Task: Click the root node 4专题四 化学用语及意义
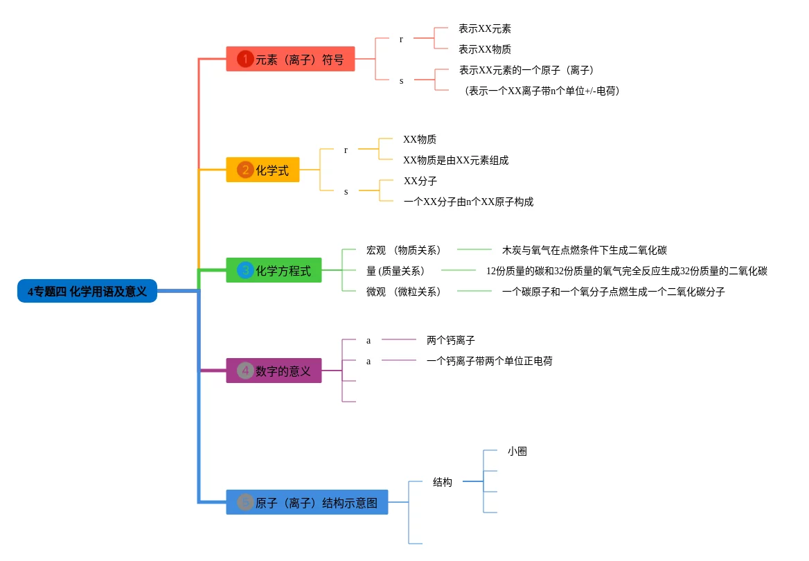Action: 87,292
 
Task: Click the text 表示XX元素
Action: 485,28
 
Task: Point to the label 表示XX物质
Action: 485,49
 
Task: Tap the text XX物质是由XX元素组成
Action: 456,160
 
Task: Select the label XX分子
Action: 420,181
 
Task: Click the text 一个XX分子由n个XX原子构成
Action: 468,202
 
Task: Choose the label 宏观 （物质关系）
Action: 404,250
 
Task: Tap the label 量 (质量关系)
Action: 395,271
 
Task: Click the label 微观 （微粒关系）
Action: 404,292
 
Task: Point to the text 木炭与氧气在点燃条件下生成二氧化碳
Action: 585,250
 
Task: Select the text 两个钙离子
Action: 451,340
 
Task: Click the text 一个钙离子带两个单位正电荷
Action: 490,361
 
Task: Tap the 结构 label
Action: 443,482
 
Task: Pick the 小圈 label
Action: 517,451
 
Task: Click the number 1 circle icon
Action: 245,60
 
